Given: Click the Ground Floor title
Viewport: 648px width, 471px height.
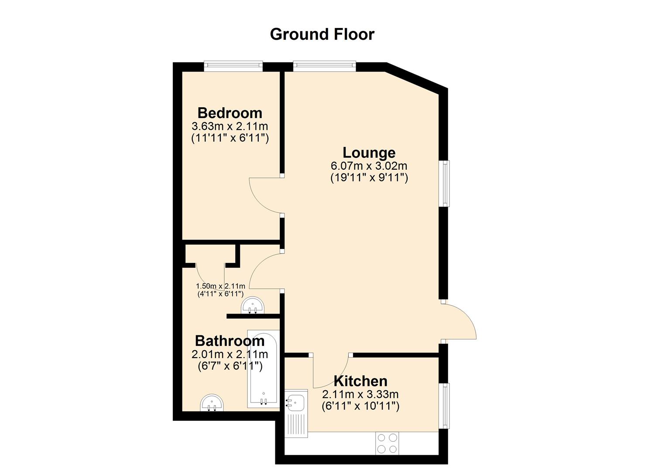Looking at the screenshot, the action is [x=322, y=34].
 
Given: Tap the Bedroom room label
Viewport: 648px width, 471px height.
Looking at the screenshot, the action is [x=230, y=113].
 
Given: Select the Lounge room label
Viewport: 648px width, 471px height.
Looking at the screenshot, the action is [x=369, y=153].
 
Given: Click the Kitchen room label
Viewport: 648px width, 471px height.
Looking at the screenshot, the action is [x=360, y=381].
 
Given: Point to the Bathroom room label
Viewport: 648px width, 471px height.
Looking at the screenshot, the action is [x=230, y=341].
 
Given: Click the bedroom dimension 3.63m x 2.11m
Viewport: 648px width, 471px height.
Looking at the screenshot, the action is [x=230, y=126].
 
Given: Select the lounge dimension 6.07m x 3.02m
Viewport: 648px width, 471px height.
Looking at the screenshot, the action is [x=369, y=166].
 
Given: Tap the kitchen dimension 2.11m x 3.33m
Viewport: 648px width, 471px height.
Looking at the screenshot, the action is [x=360, y=394].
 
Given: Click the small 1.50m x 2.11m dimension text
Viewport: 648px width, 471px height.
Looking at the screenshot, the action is [x=221, y=286].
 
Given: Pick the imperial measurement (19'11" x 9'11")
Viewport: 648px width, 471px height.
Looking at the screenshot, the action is [x=369, y=177].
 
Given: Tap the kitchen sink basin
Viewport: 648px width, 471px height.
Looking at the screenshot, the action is [x=295, y=402].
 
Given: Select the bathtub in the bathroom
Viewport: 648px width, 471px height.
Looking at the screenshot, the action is [x=263, y=369].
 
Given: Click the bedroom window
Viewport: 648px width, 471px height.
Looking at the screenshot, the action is [x=233, y=66].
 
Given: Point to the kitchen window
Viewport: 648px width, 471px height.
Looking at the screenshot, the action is [x=444, y=406].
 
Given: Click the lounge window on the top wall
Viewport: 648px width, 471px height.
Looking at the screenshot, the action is [x=324, y=66].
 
